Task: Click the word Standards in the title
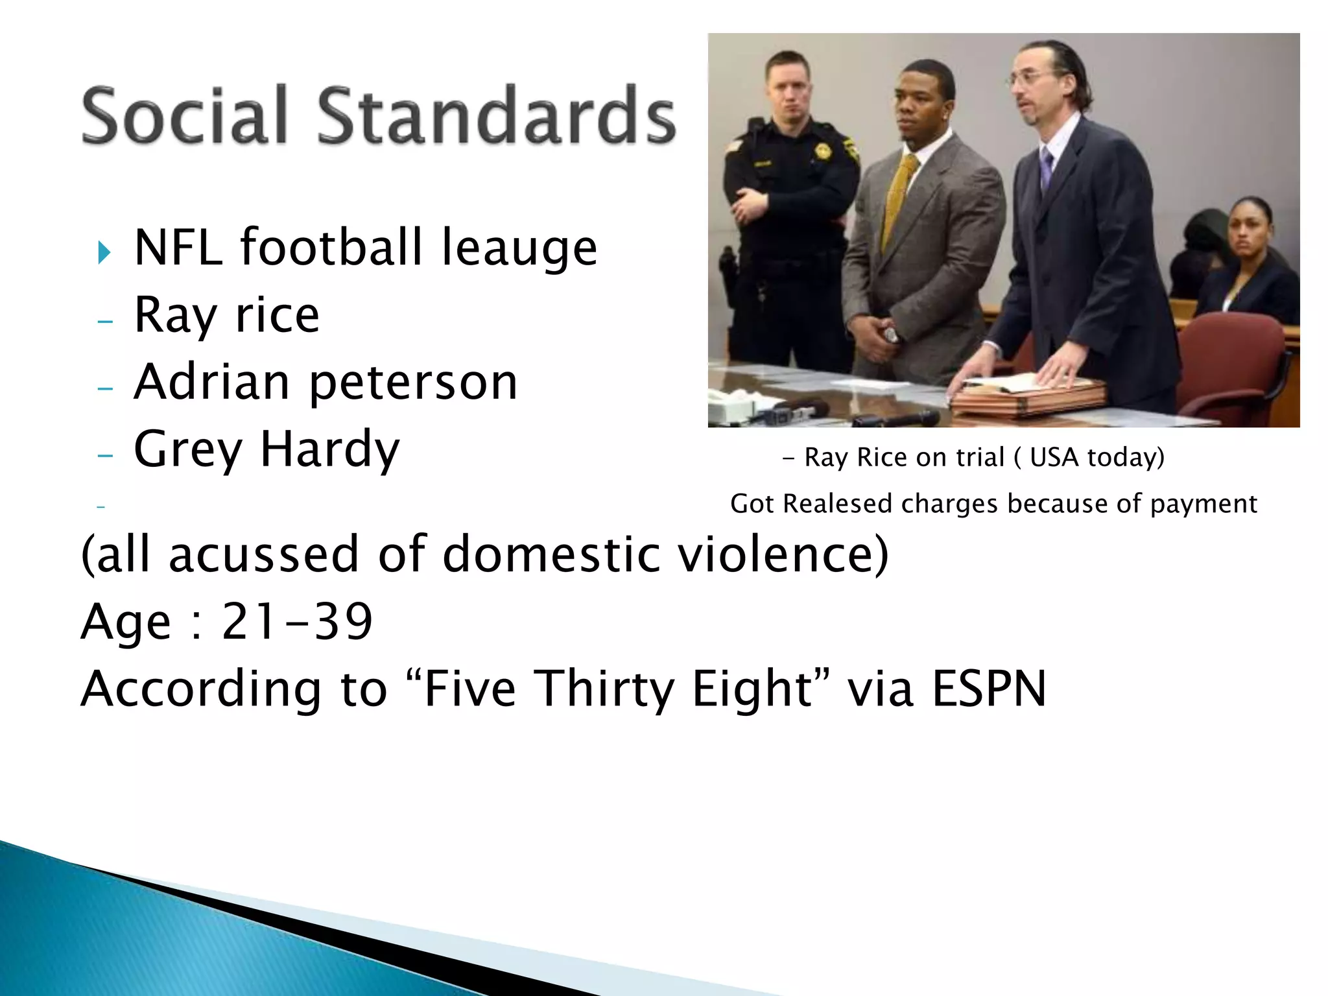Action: point(496,115)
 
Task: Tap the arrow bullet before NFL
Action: point(104,252)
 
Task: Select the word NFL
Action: point(178,248)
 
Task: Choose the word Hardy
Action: point(330,449)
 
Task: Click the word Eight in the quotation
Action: point(752,688)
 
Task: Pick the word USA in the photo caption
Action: point(1056,457)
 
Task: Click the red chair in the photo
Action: point(1232,363)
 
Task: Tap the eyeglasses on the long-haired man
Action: point(1032,78)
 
